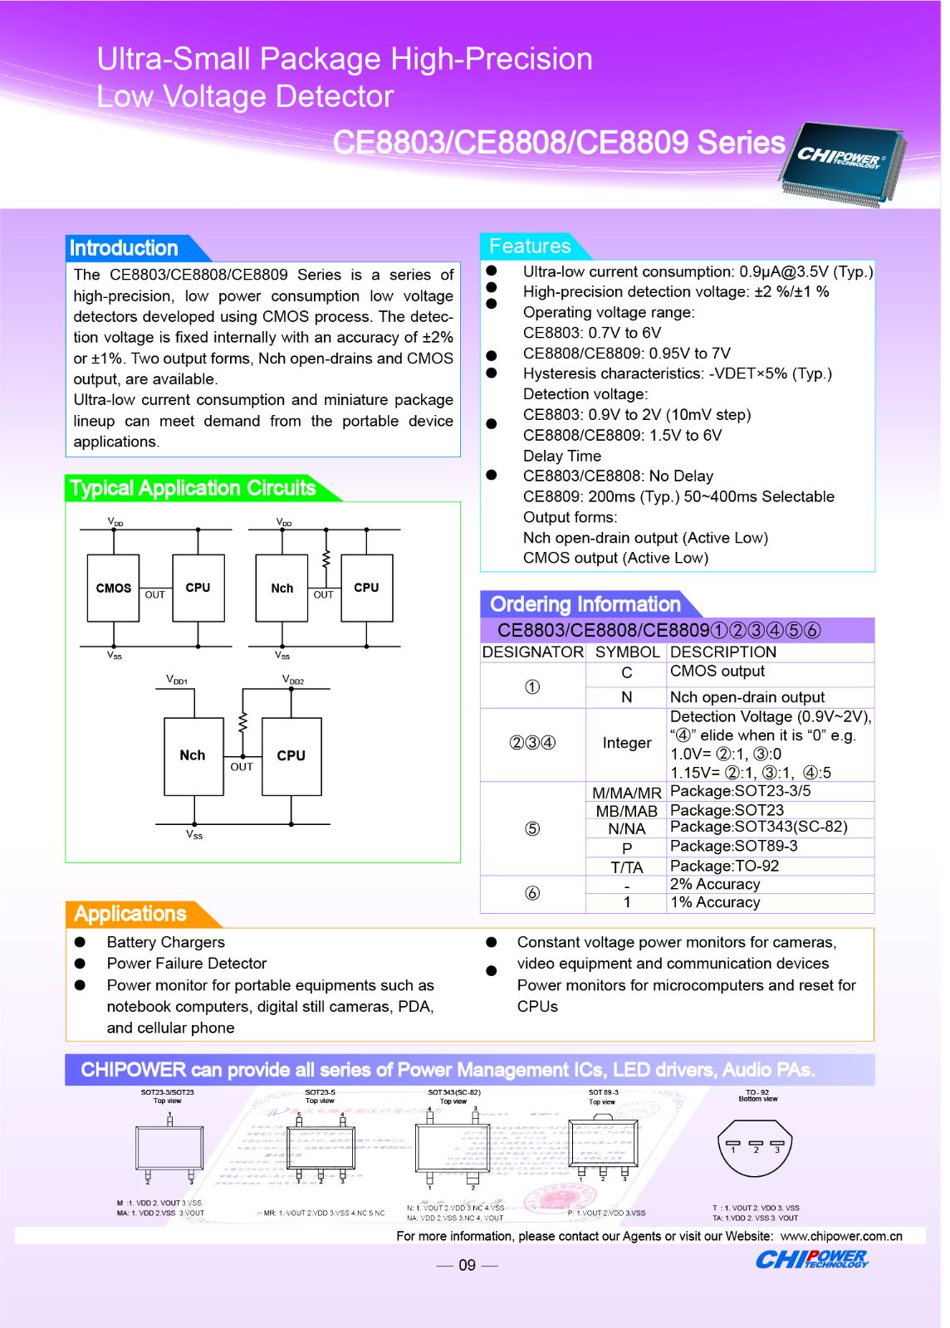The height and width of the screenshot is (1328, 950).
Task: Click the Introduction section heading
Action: click(124, 248)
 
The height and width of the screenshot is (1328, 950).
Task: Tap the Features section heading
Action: click(530, 247)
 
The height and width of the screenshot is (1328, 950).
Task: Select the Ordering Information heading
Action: click(585, 604)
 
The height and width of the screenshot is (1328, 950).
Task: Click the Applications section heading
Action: click(130, 914)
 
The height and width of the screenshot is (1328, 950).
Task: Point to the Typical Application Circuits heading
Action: click(193, 488)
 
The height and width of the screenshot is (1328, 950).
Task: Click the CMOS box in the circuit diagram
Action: click(113, 588)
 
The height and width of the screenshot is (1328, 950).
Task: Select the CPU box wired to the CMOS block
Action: click(198, 588)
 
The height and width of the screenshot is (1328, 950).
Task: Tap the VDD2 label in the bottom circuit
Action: click(293, 680)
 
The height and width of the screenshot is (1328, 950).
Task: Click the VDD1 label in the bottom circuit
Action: click(177, 680)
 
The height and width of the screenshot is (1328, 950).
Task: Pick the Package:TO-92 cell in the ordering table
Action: click(724, 866)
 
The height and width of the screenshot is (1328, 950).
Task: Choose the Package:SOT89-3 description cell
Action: click(733, 846)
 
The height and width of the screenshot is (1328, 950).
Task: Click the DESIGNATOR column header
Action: click(532, 652)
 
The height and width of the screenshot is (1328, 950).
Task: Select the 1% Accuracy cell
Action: click(715, 902)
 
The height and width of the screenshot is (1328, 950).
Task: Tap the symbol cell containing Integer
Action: click(627, 743)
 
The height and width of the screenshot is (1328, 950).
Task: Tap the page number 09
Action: click(467, 1265)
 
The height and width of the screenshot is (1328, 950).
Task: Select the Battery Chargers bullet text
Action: click(165, 942)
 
